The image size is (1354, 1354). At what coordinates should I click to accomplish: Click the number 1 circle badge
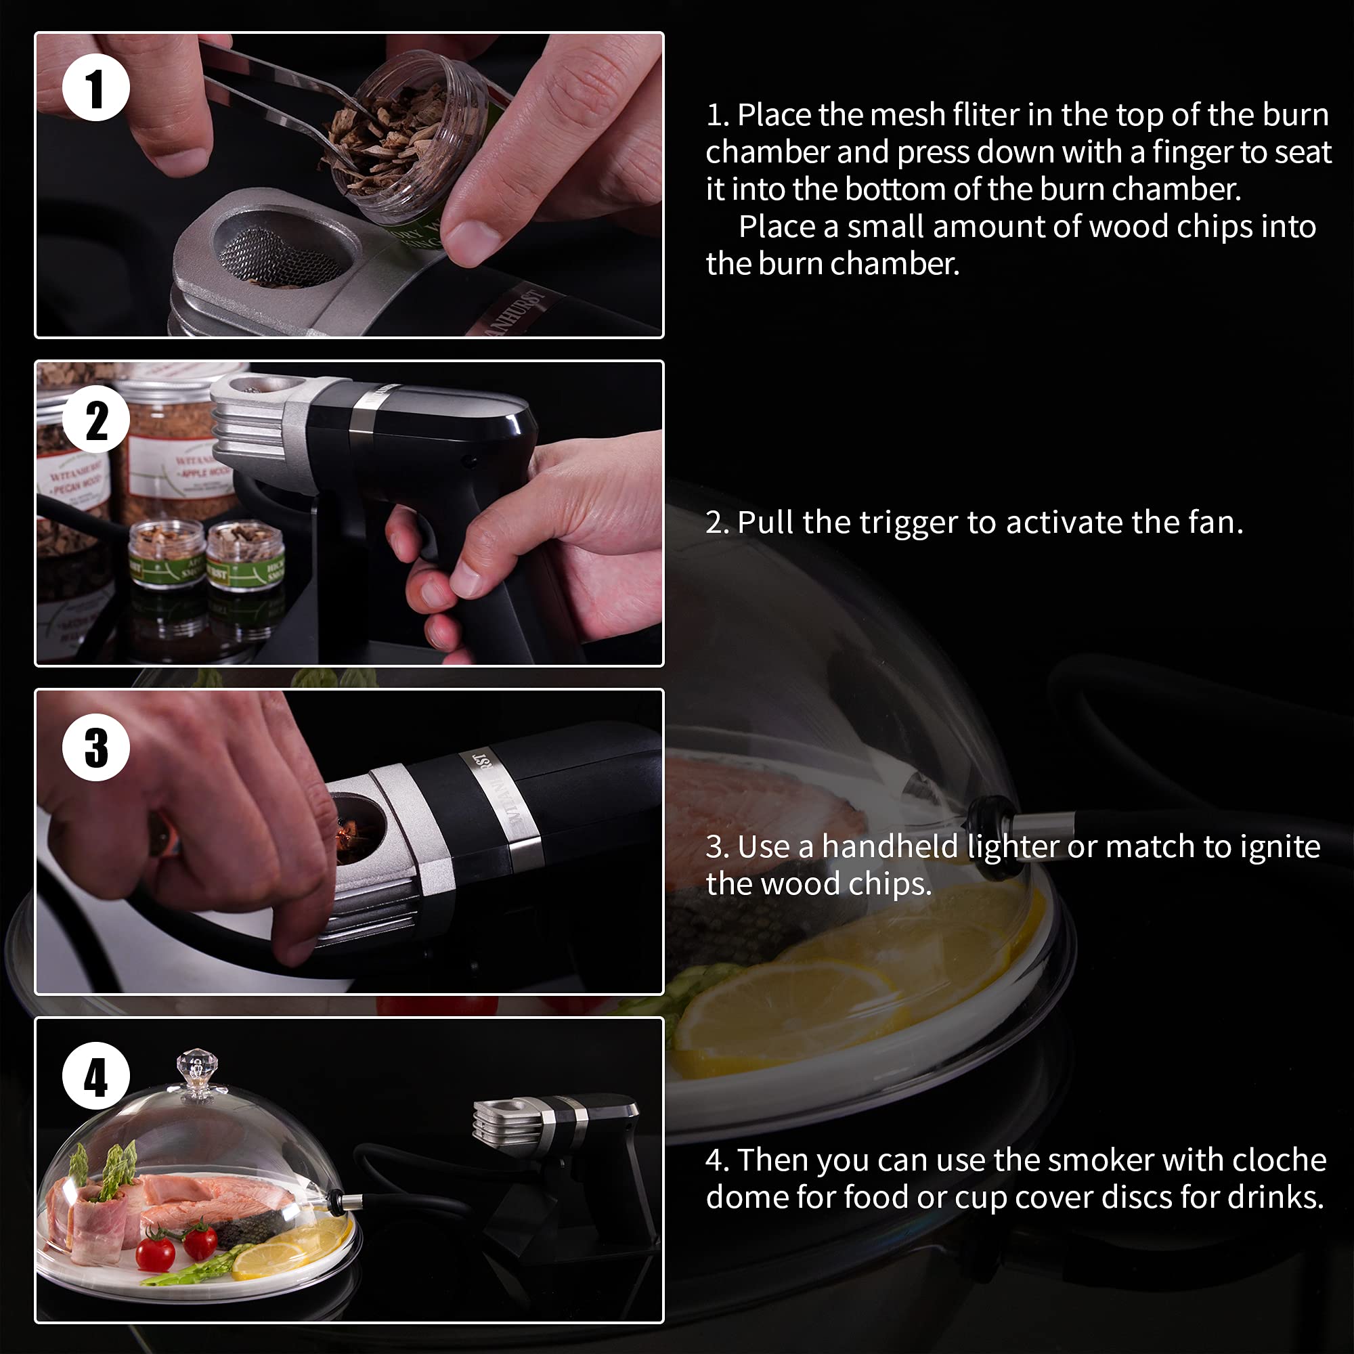click(96, 87)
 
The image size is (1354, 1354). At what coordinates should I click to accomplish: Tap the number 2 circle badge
click(96, 420)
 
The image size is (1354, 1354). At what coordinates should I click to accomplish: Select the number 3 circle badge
click(96, 748)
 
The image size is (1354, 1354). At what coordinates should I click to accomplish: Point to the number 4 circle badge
click(96, 1076)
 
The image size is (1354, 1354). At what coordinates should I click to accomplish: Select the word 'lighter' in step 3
click(1012, 848)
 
